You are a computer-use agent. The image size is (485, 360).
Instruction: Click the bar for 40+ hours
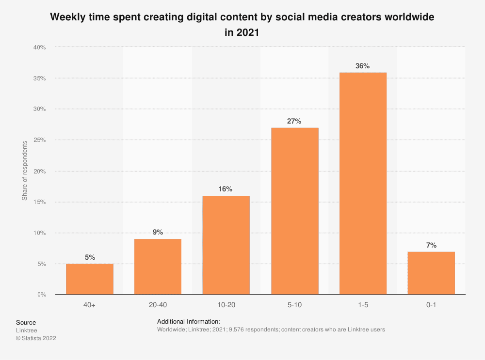coord(90,279)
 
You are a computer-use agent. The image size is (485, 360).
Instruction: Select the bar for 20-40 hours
coord(158,266)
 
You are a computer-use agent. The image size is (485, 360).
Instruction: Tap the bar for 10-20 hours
coord(226,245)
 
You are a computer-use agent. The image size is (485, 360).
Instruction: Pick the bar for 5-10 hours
coord(294,211)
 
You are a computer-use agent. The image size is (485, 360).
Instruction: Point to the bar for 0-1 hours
coord(431,273)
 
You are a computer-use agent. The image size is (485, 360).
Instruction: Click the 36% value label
coord(363,66)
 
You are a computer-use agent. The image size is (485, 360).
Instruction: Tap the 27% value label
coord(294,121)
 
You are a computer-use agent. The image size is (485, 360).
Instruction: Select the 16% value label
coord(226,189)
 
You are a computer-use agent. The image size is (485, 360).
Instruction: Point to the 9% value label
coord(158,232)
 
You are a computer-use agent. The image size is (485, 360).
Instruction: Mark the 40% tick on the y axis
coord(39,47)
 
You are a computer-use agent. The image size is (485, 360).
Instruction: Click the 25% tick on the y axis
coord(39,140)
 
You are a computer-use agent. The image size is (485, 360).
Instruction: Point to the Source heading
coord(26,322)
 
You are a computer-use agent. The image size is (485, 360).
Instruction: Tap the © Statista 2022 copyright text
coord(36,338)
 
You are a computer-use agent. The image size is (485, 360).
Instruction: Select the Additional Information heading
coord(189,321)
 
